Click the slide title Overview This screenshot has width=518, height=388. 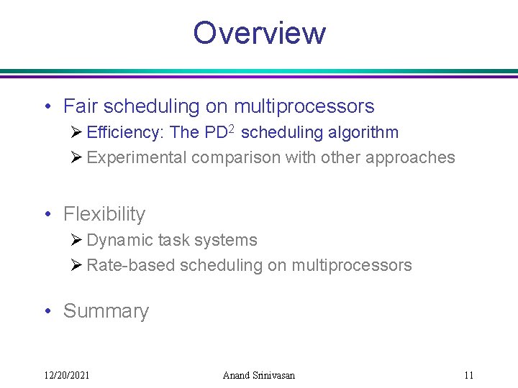point(259,33)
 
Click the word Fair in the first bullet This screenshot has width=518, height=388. point(81,107)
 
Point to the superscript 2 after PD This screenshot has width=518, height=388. point(232,129)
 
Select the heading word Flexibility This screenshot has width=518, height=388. point(104,214)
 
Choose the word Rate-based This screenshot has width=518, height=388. point(130,265)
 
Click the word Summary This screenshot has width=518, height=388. point(106,311)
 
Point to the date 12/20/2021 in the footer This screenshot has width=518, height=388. point(66,375)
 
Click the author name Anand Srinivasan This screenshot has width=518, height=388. point(259,375)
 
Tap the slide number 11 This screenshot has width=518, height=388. point(468,375)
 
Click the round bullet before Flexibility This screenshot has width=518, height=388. point(47,215)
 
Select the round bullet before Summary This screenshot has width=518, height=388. point(47,312)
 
